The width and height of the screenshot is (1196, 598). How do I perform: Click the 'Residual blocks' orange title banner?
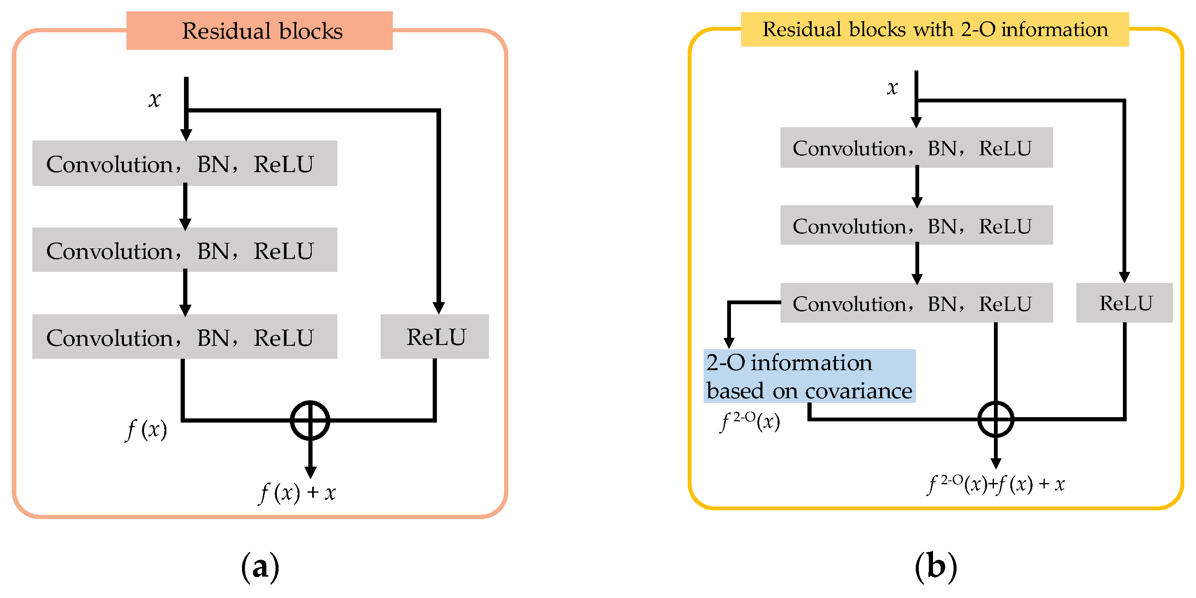(x=259, y=31)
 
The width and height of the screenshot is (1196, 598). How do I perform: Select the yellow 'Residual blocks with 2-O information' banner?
(x=934, y=29)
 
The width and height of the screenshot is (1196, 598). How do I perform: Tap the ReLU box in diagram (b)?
(x=1124, y=303)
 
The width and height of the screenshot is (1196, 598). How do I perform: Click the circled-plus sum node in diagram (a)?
(x=310, y=420)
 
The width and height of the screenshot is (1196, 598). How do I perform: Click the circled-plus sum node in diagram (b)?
(x=996, y=419)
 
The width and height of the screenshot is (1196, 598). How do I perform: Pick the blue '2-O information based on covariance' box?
(x=809, y=376)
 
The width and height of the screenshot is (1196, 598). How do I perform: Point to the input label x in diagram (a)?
(x=155, y=99)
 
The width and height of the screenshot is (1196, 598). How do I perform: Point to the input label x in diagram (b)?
(x=892, y=87)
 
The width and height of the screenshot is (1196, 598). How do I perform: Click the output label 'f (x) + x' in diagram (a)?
(x=297, y=492)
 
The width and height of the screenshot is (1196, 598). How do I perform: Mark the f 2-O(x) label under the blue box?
(x=749, y=421)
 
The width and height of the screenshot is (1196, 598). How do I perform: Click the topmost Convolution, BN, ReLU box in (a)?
(x=184, y=163)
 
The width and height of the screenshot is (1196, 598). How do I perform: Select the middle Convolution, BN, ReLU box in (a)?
(x=184, y=250)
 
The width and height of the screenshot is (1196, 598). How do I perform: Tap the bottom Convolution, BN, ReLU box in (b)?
(x=916, y=303)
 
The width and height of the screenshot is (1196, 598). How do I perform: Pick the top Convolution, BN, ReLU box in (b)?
(x=916, y=148)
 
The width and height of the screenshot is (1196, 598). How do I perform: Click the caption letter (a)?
(x=260, y=567)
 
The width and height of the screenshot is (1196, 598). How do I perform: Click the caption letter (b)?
(x=936, y=567)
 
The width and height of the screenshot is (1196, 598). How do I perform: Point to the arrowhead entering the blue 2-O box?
(x=729, y=343)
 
